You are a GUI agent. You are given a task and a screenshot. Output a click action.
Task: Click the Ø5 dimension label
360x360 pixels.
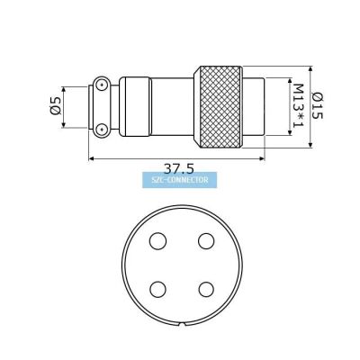click(56, 106)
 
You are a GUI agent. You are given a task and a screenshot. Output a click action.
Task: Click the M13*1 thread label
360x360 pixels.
click(298, 105)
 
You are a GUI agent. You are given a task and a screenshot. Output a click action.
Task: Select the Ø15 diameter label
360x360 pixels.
click(318, 105)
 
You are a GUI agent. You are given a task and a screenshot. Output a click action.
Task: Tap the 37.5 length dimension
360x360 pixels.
click(179, 169)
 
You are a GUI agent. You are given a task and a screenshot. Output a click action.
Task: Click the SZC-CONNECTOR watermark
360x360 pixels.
click(179, 180)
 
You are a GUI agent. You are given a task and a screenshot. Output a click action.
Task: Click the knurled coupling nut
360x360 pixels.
click(218, 107)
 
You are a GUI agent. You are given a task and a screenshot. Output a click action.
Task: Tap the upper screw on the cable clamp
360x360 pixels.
click(102, 85)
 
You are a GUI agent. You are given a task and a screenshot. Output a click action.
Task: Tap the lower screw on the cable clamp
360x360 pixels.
click(102, 130)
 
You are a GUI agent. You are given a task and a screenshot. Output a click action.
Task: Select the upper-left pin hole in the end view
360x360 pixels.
click(157, 240)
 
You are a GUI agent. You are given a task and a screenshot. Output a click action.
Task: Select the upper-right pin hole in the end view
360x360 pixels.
click(206, 240)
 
